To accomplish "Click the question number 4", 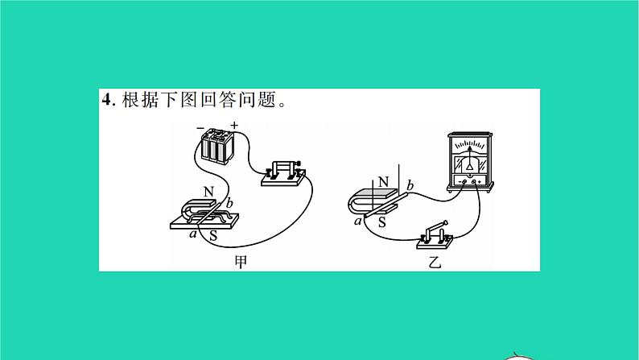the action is [x=107, y=100].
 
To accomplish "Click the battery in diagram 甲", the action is [x=217, y=147].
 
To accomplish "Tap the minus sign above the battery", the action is [x=200, y=128].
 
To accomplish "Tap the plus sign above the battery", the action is [x=234, y=125].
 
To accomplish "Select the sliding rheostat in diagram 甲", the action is [x=283, y=173].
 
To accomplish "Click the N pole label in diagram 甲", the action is [x=208, y=192].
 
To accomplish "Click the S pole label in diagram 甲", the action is [x=213, y=236].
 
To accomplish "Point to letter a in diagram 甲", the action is [x=193, y=234].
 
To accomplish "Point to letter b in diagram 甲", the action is [x=229, y=203].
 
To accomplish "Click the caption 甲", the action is [x=241, y=262].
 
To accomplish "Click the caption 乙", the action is [x=435, y=262].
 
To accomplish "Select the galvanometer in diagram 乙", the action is [x=470, y=162].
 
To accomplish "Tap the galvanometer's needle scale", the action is [x=470, y=145].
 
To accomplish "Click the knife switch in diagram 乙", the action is [x=435, y=236].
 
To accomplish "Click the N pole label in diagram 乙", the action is [x=384, y=182].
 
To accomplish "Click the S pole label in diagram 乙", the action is [x=381, y=222].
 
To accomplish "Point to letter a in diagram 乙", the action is [x=358, y=221].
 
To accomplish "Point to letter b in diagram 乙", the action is [x=410, y=186].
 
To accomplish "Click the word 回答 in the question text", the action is [x=217, y=100].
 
